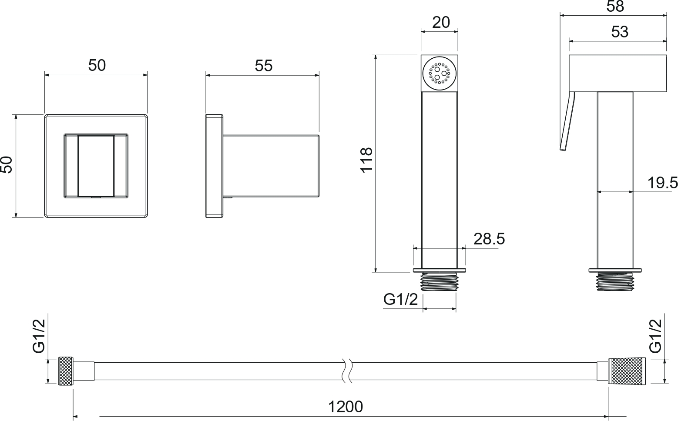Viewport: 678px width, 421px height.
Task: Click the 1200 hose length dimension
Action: (346, 407)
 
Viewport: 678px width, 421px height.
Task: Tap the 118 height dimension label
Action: (366, 160)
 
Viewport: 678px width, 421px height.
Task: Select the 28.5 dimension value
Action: (489, 239)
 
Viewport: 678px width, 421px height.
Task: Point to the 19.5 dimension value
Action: (662, 183)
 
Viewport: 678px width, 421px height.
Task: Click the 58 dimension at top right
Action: (615, 6)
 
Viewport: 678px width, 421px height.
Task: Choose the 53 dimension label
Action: (620, 32)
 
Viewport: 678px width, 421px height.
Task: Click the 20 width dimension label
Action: (441, 22)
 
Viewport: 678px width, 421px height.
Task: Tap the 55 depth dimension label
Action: (264, 66)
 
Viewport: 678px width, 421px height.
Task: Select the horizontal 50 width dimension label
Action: (97, 65)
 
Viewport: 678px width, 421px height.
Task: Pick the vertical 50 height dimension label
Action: (7, 165)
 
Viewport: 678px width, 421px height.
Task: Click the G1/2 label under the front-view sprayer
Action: (400, 299)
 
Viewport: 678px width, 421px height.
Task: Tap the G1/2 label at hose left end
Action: (39, 336)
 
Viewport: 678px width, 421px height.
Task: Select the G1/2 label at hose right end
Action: (656, 336)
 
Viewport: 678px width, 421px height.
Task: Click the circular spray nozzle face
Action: (440, 73)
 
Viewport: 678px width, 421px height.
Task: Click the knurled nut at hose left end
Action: (66, 371)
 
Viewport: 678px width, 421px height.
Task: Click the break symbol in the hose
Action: (347, 371)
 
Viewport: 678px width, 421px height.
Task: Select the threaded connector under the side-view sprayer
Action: (615, 281)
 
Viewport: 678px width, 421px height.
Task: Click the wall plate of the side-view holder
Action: (214, 166)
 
